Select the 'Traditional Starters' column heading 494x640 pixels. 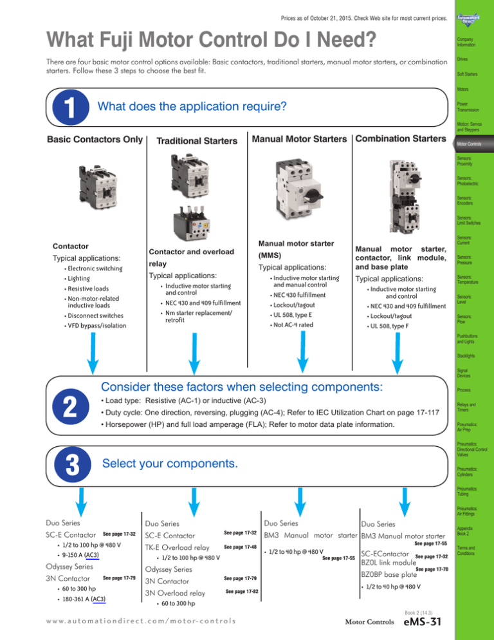click(194, 140)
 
